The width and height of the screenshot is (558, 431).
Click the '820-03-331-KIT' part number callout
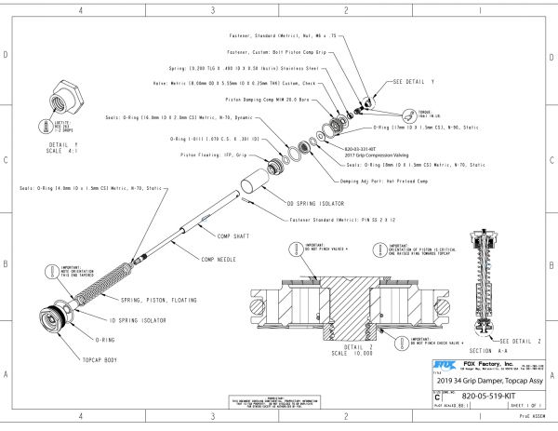[363, 149]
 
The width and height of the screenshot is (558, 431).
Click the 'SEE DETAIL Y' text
[414, 82]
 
